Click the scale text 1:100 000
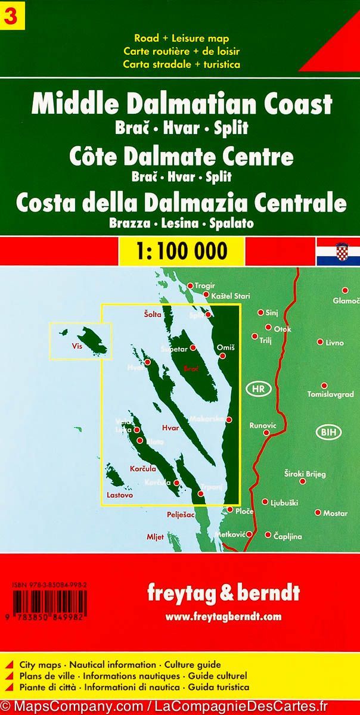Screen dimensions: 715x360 181,250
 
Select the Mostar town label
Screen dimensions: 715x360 335,513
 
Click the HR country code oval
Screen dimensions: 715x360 258,388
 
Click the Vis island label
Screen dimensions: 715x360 76,346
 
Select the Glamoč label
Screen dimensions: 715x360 346,301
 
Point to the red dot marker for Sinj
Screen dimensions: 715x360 260,312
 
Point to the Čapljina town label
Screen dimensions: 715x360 287,537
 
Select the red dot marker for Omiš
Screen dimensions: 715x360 222,356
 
